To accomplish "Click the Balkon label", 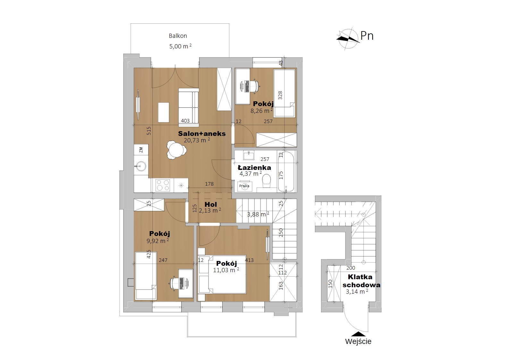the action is [x=178, y=36].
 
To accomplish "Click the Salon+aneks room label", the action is [x=202, y=134].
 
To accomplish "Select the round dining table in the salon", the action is [x=176, y=150].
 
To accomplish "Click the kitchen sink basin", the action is [x=141, y=166].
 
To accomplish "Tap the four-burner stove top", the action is [x=163, y=185].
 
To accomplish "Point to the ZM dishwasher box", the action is [x=141, y=150].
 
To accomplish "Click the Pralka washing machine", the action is [x=244, y=186].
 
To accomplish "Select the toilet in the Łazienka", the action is [x=266, y=181].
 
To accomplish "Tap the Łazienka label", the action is [x=254, y=168].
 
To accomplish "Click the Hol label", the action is [x=211, y=205].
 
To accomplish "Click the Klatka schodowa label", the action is [x=361, y=281].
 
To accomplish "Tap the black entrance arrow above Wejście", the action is [x=358, y=334].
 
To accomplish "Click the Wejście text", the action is [x=358, y=341].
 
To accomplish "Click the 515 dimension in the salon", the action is [x=148, y=131].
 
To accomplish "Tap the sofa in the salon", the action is [x=189, y=107].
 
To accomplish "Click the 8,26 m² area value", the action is [x=261, y=111].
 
